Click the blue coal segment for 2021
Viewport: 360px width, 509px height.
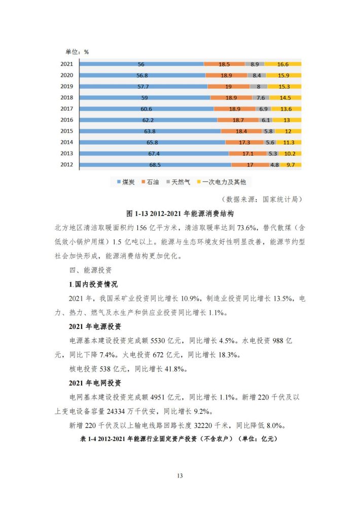tap(141, 64)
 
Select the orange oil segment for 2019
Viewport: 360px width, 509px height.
tap(229, 87)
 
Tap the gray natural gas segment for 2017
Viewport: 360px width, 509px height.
tap(263, 109)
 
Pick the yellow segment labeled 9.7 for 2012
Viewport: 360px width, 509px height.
tap(291, 165)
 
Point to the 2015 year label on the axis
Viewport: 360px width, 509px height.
tap(66, 131)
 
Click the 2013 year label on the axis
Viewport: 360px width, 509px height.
tap(66, 153)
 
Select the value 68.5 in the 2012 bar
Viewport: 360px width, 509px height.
tap(155, 165)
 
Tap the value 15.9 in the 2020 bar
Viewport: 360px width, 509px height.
tap(283, 76)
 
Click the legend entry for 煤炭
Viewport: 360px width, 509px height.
tap(126, 182)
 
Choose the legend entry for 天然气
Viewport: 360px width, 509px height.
tap(178, 182)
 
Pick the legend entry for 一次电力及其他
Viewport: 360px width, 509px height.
tap(222, 182)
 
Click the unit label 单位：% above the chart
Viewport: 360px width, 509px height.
tap(77, 52)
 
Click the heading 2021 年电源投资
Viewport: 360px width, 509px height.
tap(95, 326)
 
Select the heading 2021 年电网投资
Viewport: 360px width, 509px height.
tap(95, 383)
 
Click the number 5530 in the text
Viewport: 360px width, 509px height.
tap(158, 341)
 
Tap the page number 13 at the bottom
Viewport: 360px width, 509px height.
tap(180, 476)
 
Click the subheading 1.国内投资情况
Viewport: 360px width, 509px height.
tap(93, 284)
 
